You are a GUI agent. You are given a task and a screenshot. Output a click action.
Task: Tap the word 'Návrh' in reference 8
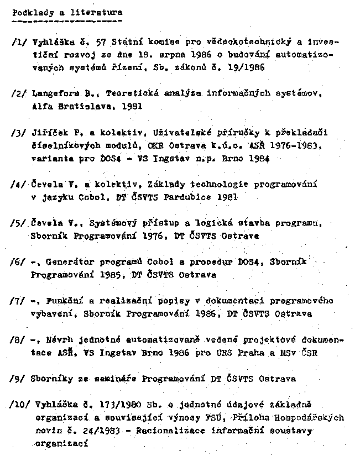pyautogui.click(x=56, y=341)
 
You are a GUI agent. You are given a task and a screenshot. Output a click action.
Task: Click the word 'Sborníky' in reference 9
pyautogui.click(x=53, y=379)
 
